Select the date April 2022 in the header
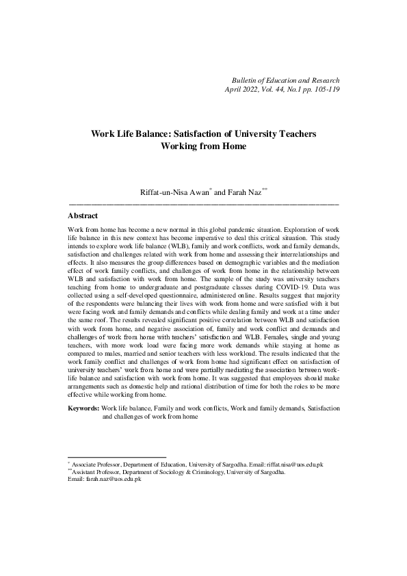(x=244, y=89)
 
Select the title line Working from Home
(x=203, y=146)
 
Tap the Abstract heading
(x=83, y=215)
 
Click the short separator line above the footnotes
(x=117, y=457)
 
